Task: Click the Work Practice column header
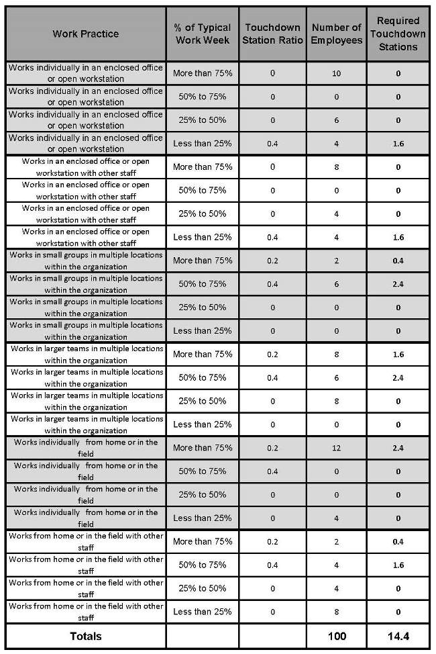click(x=86, y=34)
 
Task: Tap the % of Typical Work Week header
click(x=203, y=34)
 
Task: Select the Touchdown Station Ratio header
click(x=272, y=34)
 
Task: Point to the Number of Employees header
click(x=337, y=34)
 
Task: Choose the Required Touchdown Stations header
click(x=398, y=34)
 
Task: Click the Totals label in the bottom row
click(x=86, y=636)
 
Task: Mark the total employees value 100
click(x=337, y=636)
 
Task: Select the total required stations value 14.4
click(x=398, y=636)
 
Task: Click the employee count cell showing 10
click(x=337, y=73)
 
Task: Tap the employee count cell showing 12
click(x=337, y=448)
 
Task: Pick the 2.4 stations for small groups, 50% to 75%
click(x=398, y=284)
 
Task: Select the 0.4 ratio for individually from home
click(x=272, y=471)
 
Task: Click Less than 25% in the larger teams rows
click(x=203, y=424)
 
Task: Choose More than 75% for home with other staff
click(x=203, y=541)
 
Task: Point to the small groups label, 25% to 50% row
click(x=86, y=308)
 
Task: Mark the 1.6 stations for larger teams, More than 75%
click(x=398, y=355)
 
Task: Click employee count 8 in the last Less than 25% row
click(x=337, y=612)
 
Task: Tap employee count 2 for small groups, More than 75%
click(x=337, y=261)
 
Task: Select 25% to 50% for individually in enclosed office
click(x=203, y=120)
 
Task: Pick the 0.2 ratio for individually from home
click(x=272, y=448)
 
